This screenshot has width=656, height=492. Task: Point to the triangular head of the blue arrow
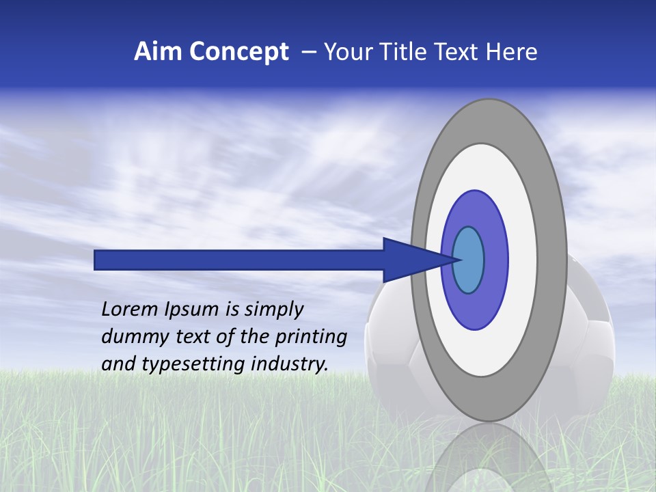pos(410,260)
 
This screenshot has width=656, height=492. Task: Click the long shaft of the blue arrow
pos(239,260)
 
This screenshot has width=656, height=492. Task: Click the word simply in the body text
pos(273,310)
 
